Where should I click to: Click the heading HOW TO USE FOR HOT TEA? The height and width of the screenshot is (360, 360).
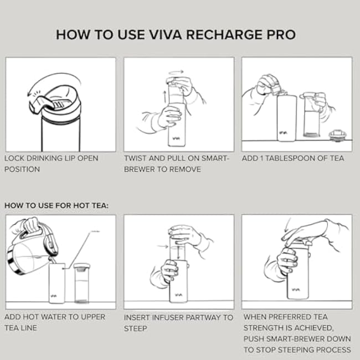(x=56, y=205)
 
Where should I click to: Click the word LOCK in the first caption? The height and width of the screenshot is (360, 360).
(x=16, y=158)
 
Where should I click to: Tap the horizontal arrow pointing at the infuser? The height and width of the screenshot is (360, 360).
(x=162, y=245)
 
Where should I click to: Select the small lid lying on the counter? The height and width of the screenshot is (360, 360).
(x=336, y=135)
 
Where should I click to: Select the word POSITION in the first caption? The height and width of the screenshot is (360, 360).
(x=22, y=169)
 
